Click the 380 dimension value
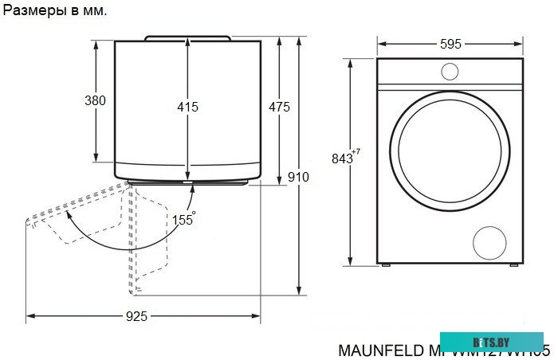pos(95,101)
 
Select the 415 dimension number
pos(187,107)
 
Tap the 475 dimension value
pos(279,107)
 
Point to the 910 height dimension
pos(298,177)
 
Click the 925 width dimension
pos(136,317)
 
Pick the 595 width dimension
pos(450,45)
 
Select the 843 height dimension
pos(342,158)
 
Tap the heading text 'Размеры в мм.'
pos(55,10)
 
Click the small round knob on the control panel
pos(450,72)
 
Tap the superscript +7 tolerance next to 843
pos(356,152)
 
